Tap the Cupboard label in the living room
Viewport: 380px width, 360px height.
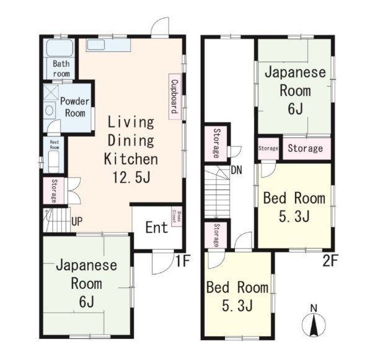(x=175, y=97)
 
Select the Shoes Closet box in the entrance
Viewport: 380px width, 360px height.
(x=177, y=217)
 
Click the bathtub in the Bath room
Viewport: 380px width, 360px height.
(x=60, y=48)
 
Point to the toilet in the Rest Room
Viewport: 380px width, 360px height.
(x=54, y=162)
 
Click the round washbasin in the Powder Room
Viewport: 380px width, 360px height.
(x=50, y=110)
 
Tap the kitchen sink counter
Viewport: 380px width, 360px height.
(x=108, y=45)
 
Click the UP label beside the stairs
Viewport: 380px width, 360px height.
(x=77, y=221)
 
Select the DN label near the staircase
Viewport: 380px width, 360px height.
(x=237, y=170)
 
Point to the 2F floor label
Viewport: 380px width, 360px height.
(x=330, y=260)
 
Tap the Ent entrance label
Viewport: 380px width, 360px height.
(x=157, y=227)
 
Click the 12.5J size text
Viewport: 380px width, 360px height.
(x=131, y=177)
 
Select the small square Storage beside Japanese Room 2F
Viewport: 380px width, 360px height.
(x=268, y=149)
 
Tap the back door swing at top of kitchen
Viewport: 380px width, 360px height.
(x=160, y=27)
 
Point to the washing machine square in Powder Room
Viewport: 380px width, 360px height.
(x=51, y=92)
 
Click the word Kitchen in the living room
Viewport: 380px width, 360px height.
(x=131, y=159)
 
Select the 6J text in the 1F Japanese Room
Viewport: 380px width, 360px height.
(x=86, y=302)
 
